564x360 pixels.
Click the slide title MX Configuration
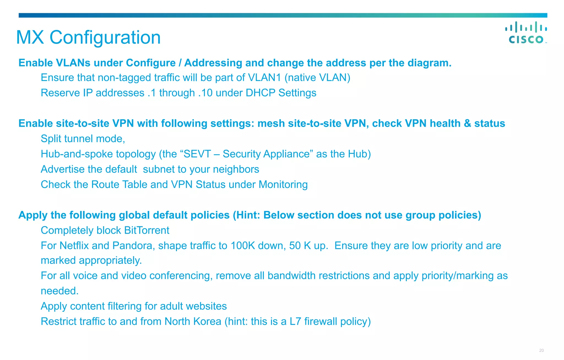88,37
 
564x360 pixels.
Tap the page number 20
541,350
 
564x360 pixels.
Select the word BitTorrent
147,230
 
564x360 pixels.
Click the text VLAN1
264,78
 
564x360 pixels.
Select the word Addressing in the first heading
213,63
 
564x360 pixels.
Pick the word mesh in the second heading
271,123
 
